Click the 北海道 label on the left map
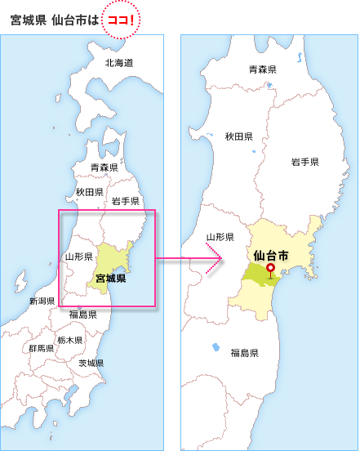(119, 63)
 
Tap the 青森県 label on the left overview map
(104, 167)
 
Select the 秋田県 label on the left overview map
(89, 192)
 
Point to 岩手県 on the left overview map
(126, 201)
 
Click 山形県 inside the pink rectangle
(78, 257)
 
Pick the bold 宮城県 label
(110, 279)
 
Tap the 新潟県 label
(41, 301)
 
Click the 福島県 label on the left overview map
(82, 314)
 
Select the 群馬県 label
(41, 348)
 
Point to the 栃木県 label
(69, 339)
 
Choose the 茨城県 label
(91, 363)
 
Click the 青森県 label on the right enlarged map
(262, 70)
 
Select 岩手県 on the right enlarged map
(304, 163)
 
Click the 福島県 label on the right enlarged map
(244, 353)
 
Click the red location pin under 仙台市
(270, 269)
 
